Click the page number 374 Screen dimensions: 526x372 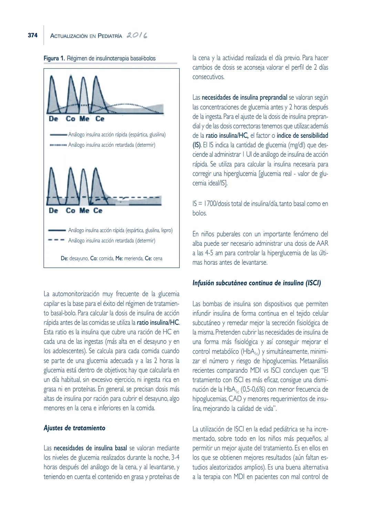coord(32,35)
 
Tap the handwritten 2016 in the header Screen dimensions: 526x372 coord(137,36)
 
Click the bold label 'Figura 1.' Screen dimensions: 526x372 coord(54,58)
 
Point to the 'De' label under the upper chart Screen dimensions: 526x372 coord(53,119)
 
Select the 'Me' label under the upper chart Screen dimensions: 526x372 coord(84,119)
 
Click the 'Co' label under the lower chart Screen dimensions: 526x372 coord(70,211)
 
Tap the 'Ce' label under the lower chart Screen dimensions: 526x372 coord(98,211)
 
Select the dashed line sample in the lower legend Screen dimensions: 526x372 coord(57,240)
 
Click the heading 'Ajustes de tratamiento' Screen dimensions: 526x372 coord(74,428)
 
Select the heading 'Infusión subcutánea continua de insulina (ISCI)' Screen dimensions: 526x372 coord(257,283)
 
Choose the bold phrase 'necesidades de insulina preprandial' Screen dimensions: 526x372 coord(244,98)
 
